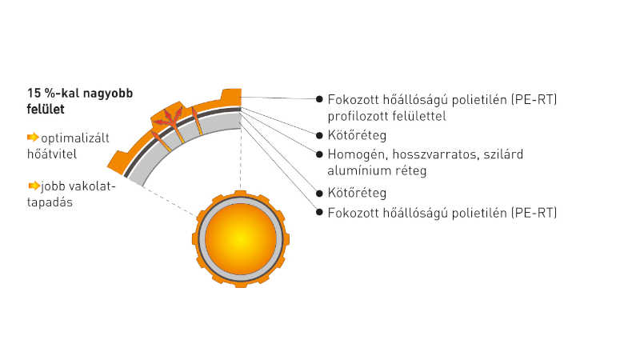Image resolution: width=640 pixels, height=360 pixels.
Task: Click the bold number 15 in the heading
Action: pos(34,93)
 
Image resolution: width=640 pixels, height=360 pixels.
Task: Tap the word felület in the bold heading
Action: pos(46,109)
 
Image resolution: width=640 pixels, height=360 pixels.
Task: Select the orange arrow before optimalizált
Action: pos(33,137)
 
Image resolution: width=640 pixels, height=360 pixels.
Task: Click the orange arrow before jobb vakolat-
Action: pos(34,186)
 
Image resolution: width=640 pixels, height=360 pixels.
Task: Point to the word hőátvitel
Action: pos(52,154)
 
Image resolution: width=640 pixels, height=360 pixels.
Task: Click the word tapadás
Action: pos(50,202)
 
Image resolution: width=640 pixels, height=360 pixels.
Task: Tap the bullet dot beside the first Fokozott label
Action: pos(319,98)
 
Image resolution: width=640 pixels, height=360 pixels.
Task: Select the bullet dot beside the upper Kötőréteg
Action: pos(319,135)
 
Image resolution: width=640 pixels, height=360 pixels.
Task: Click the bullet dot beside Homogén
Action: pos(319,154)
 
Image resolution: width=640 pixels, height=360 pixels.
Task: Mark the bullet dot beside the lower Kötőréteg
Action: pos(319,193)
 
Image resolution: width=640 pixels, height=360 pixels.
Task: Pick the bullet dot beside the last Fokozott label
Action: pos(319,212)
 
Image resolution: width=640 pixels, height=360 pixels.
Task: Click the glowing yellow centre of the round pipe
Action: pos(241,238)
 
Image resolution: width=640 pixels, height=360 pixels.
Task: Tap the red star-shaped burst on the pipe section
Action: pos(168,117)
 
